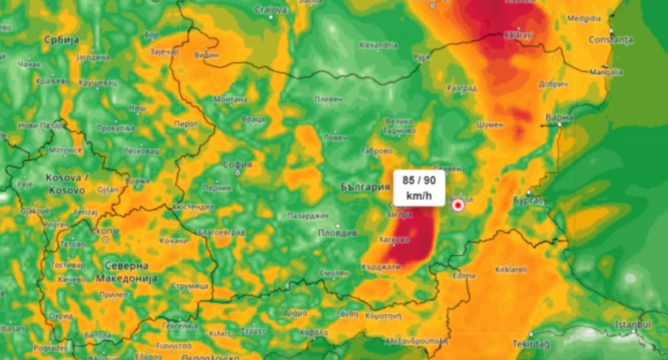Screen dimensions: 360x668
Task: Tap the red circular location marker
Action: [x=458, y=205]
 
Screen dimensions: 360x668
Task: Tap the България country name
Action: [x=365, y=187]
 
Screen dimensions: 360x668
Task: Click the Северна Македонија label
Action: [x=126, y=272]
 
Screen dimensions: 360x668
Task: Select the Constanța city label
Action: [x=610, y=38]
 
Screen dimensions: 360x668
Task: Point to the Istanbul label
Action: [x=634, y=325]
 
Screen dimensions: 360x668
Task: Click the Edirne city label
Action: [x=464, y=276]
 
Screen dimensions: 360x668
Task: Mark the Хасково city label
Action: [x=393, y=240]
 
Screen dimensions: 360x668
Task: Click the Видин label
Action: [x=207, y=55]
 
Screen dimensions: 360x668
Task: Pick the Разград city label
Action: [x=461, y=88]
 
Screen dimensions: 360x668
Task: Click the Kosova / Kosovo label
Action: [x=67, y=184]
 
